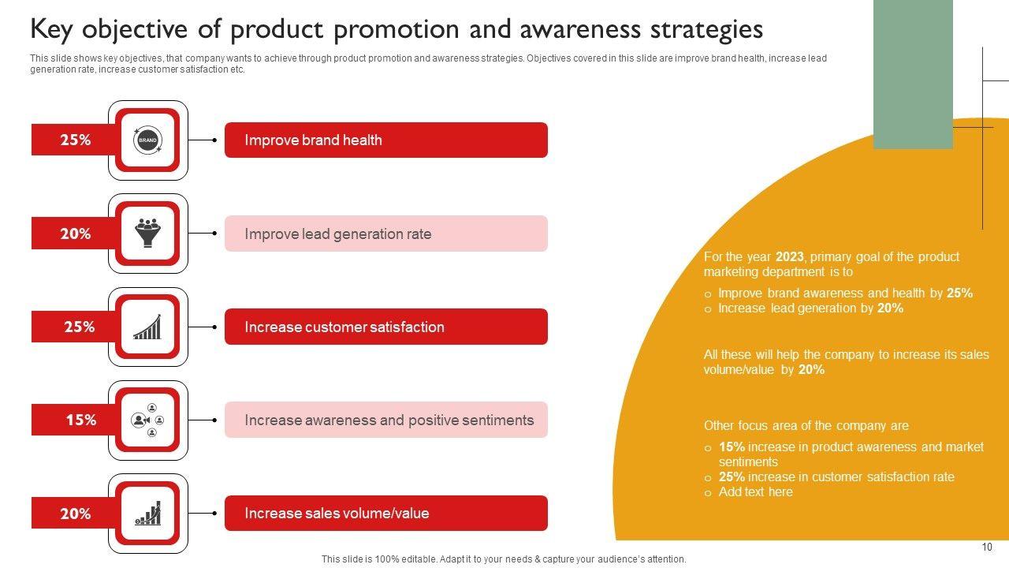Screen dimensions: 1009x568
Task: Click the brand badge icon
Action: pos(147,140)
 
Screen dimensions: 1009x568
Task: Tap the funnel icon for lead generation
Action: pos(147,233)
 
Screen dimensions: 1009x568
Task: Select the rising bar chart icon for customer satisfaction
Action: pos(147,327)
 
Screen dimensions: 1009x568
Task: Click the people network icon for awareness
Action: pos(147,420)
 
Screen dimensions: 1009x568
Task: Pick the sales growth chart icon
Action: pos(147,513)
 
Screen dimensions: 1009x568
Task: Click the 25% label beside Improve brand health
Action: pos(75,140)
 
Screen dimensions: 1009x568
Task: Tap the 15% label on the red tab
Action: pos(81,420)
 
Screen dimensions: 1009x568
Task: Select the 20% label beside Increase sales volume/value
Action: pos(75,514)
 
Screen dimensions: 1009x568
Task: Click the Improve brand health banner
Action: pos(386,140)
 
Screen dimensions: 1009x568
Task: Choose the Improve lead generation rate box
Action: pos(386,234)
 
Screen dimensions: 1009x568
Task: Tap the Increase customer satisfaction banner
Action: pos(386,327)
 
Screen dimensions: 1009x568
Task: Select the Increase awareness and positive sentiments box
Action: pos(386,420)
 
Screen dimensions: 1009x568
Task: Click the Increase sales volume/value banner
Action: pos(386,513)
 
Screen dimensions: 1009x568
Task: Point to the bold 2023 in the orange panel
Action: pos(789,257)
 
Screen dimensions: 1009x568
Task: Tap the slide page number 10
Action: pos(986,547)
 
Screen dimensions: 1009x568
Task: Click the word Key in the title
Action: pos(51,30)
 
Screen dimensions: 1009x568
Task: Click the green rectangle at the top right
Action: pos(913,74)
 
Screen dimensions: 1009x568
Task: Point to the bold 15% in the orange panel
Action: pos(732,447)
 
